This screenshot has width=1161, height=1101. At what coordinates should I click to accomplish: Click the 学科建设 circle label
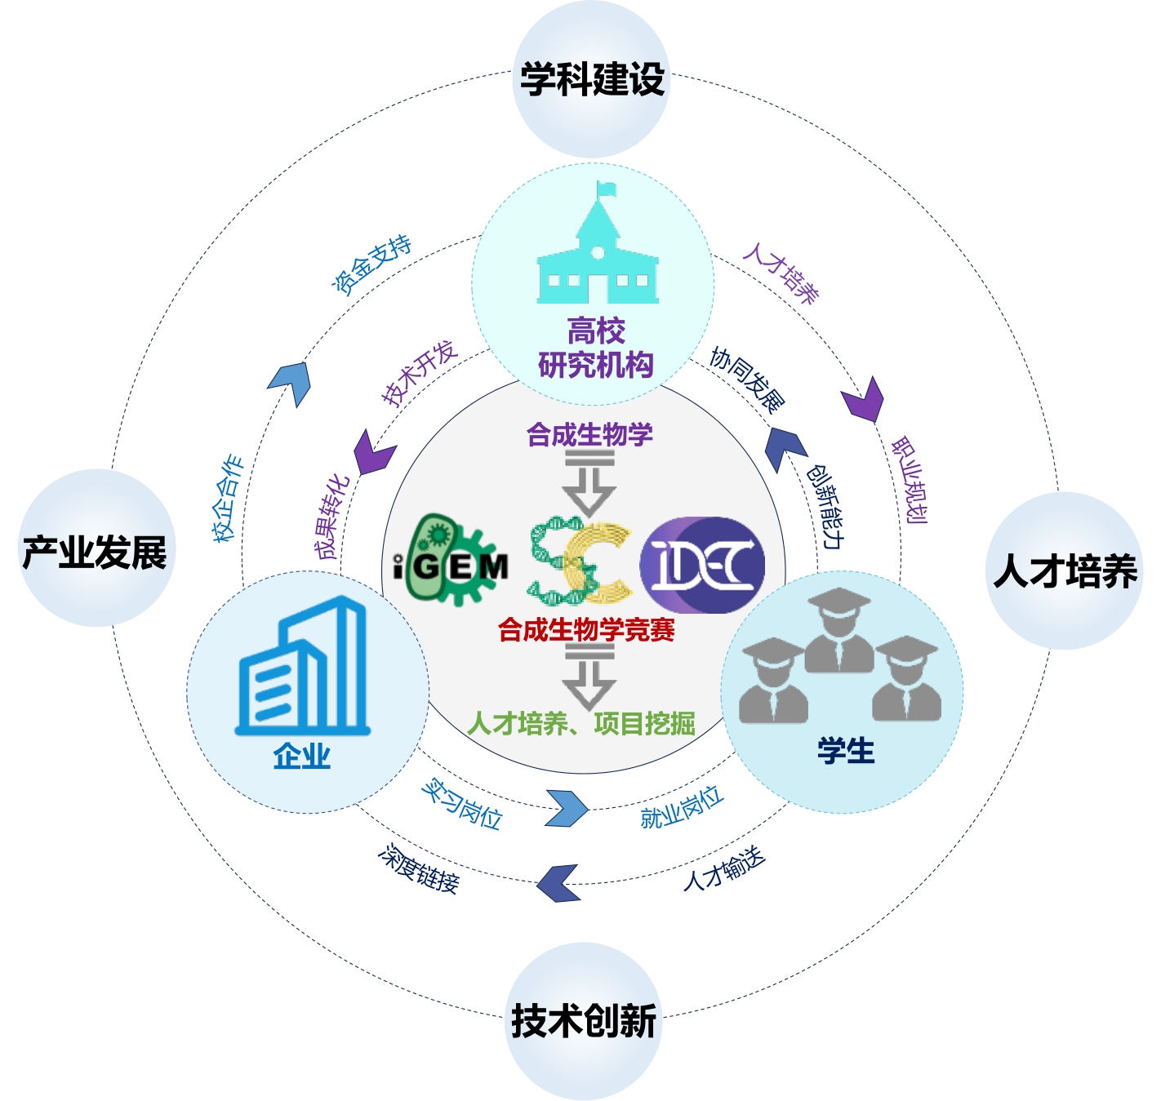[x=592, y=80]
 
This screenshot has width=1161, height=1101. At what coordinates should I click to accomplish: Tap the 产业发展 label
[x=95, y=553]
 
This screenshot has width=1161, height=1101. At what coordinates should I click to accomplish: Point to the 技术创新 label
[x=584, y=1021]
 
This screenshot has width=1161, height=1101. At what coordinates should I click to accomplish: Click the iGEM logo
[x=451, y=561]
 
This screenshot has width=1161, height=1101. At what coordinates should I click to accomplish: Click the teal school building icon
[x=597, y=249]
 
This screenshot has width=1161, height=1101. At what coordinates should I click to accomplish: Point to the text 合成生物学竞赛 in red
[x=586, y=630]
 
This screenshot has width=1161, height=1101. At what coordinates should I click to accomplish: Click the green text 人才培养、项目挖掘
[x=581, y=723]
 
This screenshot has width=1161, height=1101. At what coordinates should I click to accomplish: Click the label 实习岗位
[x=461, y=804]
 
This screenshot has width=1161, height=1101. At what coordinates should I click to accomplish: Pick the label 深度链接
[x=419, y=868]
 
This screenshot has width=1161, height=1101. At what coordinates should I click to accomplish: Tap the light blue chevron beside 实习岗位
[x=567, y=808]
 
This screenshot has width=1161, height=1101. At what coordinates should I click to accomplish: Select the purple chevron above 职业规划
[x=864, y=399]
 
